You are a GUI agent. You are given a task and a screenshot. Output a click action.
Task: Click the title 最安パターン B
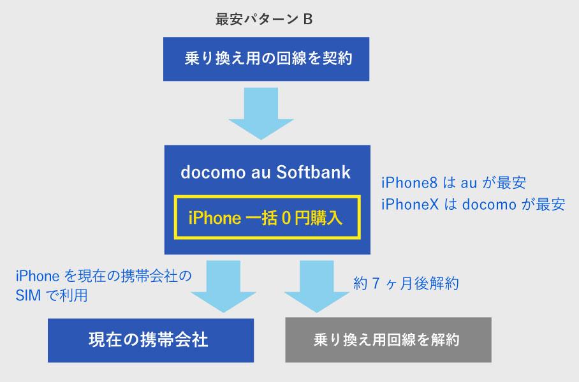tap(264, 19)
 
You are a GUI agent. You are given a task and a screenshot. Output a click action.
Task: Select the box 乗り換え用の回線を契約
tap(267, 59)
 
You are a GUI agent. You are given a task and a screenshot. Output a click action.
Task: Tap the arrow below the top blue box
tap(261, 114)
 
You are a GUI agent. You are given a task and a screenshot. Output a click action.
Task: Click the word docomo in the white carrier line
tap(213, 172)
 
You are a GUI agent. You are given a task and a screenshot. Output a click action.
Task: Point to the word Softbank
tap(314, 172)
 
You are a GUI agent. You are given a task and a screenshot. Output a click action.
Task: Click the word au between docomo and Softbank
tap(261, 173)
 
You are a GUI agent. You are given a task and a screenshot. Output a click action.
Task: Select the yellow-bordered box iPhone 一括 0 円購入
tap(267, 217)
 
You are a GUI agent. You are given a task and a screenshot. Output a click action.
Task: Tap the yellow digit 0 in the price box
tap(286, 218)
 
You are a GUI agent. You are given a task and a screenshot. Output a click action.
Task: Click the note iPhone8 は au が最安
tap(454, 183)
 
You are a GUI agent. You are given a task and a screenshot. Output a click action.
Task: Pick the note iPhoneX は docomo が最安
tap(473, 204)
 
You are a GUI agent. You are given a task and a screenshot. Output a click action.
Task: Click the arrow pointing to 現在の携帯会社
tap(223, 286)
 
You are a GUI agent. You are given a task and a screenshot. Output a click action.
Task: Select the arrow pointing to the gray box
tap(317, 286)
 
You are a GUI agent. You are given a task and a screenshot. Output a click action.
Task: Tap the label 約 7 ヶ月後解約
tap(406, 283)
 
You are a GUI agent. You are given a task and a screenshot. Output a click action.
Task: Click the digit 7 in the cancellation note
tap(376, 283)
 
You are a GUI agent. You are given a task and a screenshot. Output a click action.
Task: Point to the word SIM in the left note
tap(28, 295)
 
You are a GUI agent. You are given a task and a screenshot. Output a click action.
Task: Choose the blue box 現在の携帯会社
tap(150, 341)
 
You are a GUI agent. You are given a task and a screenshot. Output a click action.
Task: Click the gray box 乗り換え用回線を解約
tap(388, 340)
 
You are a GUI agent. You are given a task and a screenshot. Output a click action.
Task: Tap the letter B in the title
tap(308, 19)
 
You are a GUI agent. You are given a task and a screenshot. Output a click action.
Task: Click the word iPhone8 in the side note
tap(409, 183)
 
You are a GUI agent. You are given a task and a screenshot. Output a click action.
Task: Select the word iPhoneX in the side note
tap(410, 204)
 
